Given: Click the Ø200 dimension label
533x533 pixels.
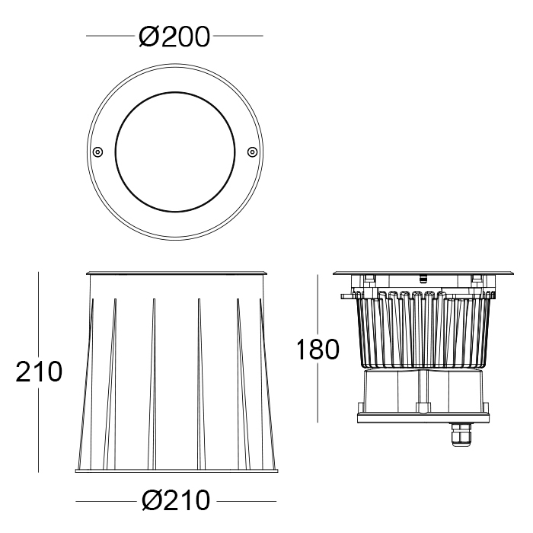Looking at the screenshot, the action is [x=174, y=37].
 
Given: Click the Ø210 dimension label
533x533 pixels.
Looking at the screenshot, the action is [x=176, y=500].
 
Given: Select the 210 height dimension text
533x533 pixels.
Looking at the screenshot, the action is [x=39, y=372].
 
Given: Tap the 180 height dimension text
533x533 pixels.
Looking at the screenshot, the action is [x=318, y=349].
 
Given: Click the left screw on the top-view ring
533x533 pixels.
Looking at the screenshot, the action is [x=97, y=152].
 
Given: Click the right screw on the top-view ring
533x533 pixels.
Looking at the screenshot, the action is [x=252, y=152].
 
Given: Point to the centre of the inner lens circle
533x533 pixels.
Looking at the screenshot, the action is [x=174, y=152].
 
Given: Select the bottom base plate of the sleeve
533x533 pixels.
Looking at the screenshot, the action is [x=177, y=471].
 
